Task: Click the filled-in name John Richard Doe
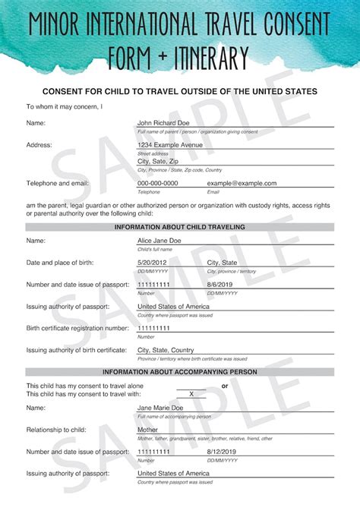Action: tap(163, 122)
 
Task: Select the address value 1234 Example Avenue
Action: tap(171, 144)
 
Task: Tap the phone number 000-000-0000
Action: tap(157, 183)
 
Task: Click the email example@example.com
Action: tap(242, 183)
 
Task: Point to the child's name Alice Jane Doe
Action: tap(159, 241)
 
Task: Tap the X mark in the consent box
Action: tap(191, 394)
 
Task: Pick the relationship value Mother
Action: tap(147, 430)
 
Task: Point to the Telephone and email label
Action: tap(58, 183)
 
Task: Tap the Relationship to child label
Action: tap(56, 430)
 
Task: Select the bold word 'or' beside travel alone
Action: tap(224, 386)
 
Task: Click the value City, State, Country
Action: tap(170, 350)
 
